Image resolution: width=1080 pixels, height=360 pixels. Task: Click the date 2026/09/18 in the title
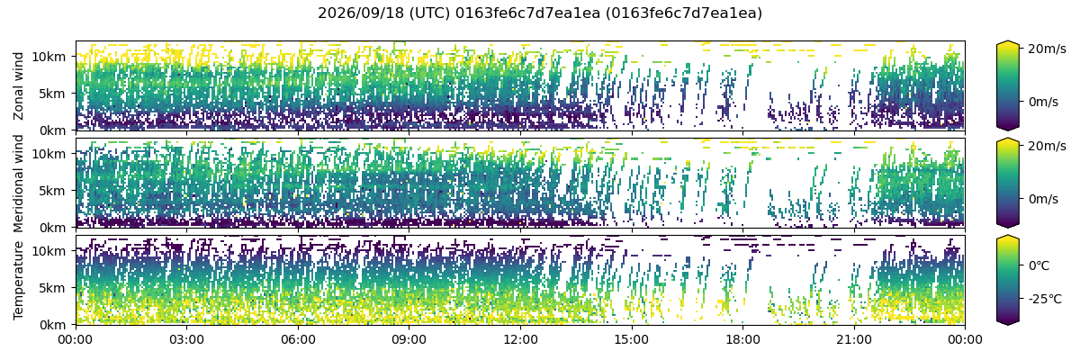coord(361,13)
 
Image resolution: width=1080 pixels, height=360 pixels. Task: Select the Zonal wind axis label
coord(18,86)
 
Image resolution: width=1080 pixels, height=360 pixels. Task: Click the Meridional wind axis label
coord(18,184)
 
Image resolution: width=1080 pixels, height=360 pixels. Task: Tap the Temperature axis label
coord(18,281)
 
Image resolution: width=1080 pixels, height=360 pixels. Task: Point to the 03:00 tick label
coord(186,340)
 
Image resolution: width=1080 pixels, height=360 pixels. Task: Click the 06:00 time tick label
coord(298,340)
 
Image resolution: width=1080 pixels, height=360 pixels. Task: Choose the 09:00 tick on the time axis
coord(409,340)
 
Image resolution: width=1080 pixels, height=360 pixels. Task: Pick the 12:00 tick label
coord(520,340)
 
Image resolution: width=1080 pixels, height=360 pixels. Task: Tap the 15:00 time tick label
coord(632,340)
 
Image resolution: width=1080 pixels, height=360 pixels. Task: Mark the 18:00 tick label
coord(742,340)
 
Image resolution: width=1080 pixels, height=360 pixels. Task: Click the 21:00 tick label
coord(854,340)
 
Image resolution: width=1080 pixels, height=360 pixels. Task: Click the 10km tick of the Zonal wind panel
coord(49,57)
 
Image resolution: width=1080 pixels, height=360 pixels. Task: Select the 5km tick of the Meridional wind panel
coord(52,191)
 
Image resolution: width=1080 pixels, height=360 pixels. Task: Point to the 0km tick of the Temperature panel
coord(52,325)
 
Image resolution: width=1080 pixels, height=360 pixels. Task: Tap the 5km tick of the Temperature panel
coord(52,288)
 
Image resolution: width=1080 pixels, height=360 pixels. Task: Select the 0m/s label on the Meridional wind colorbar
coord(1044,199)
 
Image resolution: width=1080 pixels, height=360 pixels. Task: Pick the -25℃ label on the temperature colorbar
coord(1045,300)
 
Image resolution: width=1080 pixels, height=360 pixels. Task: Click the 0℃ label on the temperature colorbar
coord(1039,266)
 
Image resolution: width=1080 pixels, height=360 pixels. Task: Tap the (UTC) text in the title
coord(429,13)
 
